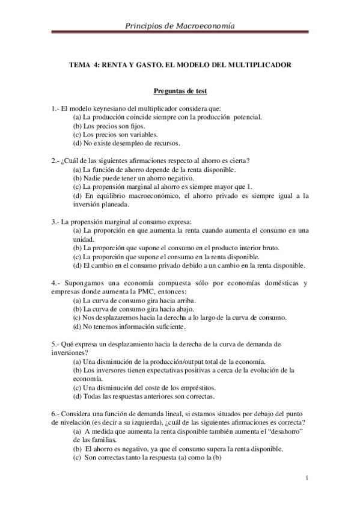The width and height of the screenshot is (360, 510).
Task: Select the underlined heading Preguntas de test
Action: [180, 91]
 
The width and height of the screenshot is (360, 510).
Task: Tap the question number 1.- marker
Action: [56, 108]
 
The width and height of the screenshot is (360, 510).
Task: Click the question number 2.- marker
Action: [56, 161]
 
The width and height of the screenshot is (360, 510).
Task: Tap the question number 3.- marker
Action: [56, 222]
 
